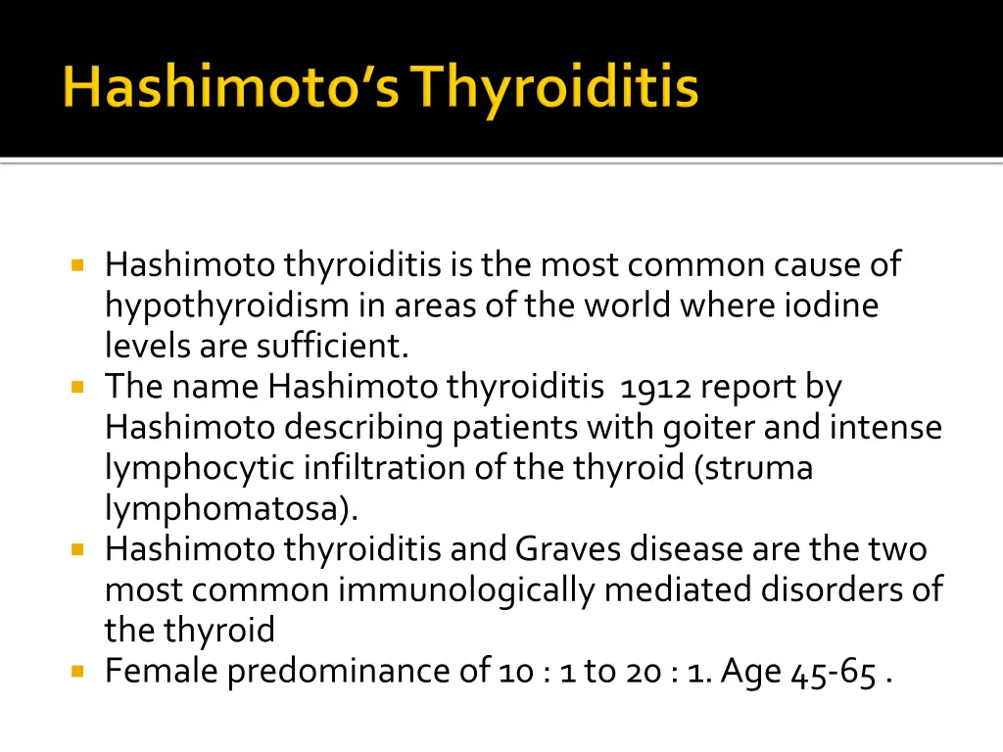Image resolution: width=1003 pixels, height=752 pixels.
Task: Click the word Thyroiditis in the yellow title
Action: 554,89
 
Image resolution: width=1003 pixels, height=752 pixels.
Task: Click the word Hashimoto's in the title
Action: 231,89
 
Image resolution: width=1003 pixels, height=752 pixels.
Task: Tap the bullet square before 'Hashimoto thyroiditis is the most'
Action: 78,264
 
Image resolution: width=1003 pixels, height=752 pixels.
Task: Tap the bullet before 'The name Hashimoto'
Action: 78,387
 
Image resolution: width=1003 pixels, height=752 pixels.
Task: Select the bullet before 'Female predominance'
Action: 78,672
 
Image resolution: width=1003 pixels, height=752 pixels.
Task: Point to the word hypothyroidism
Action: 226,306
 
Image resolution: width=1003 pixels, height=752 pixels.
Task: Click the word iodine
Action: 832,305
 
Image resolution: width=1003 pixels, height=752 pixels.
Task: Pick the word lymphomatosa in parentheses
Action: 227,509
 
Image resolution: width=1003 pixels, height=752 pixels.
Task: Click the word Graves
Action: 568,549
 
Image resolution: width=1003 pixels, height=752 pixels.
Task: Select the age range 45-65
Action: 834,672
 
